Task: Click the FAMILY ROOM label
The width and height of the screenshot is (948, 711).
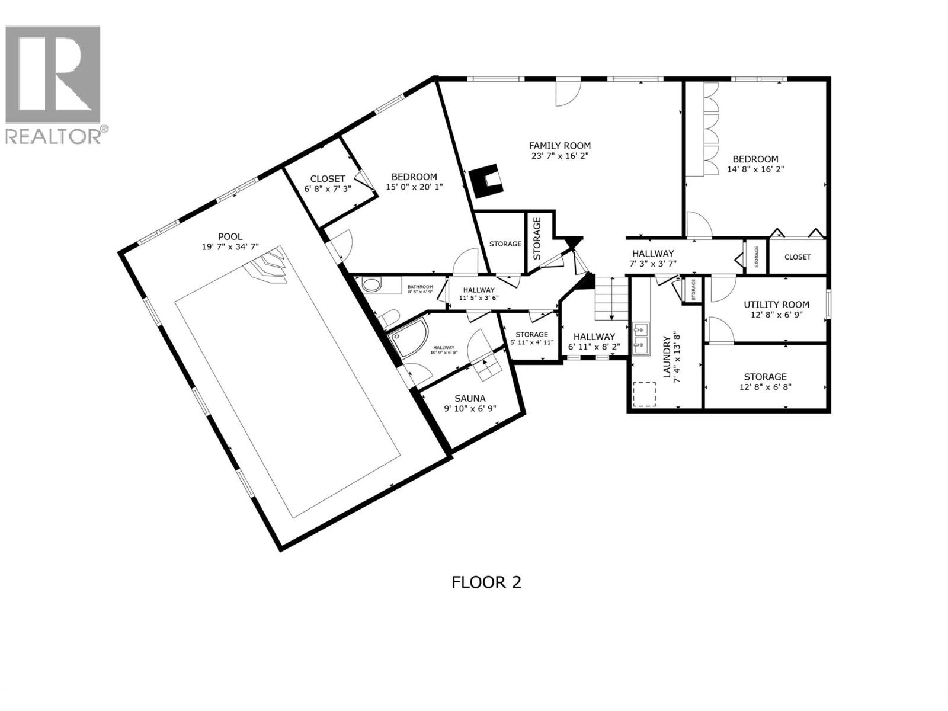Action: coord(559,145)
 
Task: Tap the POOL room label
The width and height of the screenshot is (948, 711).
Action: coord(230,236)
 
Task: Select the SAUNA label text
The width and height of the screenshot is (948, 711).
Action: coord(470,398)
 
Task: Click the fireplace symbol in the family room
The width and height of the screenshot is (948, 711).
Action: coord(487,181)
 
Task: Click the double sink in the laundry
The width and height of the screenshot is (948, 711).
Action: coord(640,336)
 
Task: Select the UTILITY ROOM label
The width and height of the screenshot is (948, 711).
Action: coord(776,305)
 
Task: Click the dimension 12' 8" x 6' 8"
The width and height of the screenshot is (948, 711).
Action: coord(765,387)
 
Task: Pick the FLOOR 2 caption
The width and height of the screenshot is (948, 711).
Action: coord(486,582)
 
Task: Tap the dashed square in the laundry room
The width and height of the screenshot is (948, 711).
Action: coord(645,394)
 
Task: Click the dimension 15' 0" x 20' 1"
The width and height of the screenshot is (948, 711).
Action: coord(414,187)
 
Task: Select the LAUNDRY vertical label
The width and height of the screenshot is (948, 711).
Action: coord(667,360)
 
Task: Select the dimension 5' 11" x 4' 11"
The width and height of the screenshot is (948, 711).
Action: coord(531,342)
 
